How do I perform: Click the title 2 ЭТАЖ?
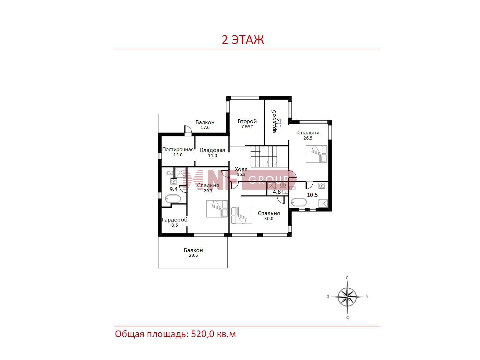point(243,40)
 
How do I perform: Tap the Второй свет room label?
point(247,124)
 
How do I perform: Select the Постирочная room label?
point(178,149)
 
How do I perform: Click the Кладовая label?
point(212,150)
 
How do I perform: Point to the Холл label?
point(241,169)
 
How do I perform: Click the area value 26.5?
point(308,138)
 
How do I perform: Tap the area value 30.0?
point(269,219)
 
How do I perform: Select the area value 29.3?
point(208,191)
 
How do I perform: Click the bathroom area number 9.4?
point(173,189)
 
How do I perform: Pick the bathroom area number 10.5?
point(312,195)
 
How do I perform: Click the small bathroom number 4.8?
point(277,192)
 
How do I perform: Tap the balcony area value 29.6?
point(193,255)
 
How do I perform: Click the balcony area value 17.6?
point(205,128)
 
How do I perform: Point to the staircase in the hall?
point(264,156)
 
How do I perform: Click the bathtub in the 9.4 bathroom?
point(173,199)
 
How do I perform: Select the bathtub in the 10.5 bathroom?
point(299,202)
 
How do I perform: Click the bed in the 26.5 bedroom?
point(316,154)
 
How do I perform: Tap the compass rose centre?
point(347,297)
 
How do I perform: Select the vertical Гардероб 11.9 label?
point(276,123)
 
